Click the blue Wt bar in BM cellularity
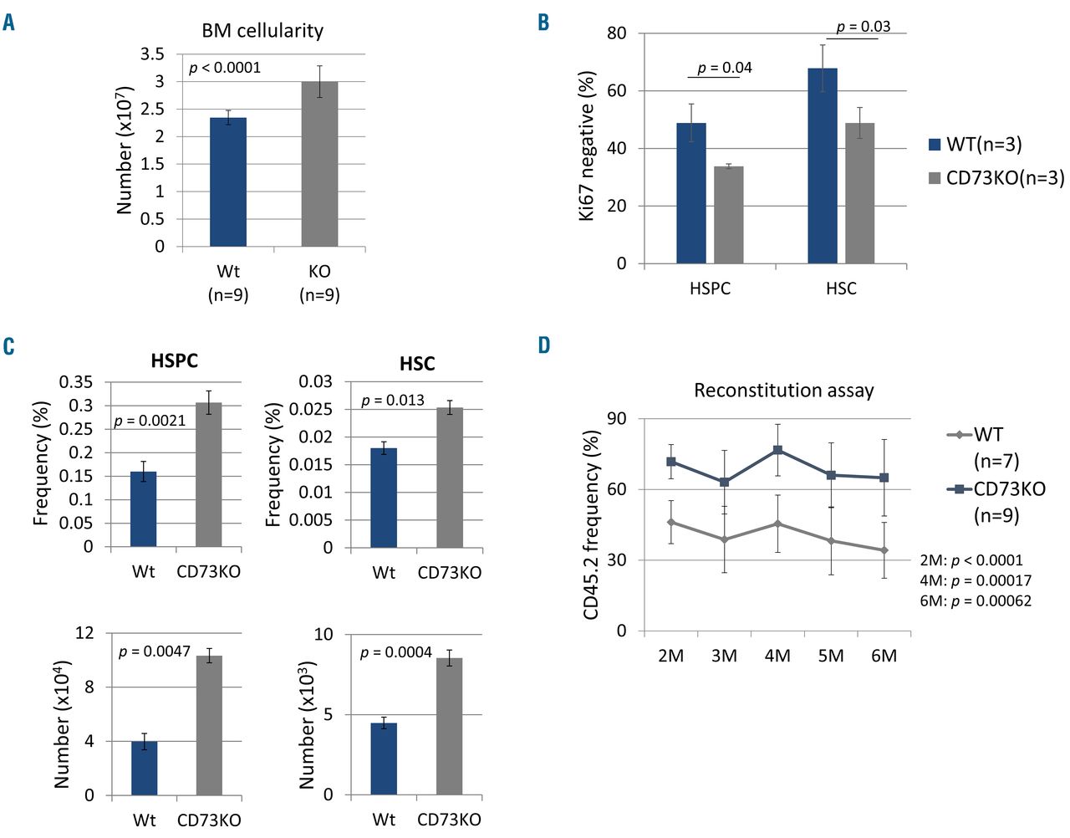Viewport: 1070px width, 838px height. tap(227, 182)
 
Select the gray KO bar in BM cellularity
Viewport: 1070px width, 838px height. tap(319, 164)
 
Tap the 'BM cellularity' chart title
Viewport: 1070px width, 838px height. tap(262, 31)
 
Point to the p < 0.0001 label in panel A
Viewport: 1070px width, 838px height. tap(225, 68)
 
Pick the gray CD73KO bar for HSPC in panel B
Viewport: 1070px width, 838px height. tap(728, 215)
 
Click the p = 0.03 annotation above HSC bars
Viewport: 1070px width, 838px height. tap(864, 27)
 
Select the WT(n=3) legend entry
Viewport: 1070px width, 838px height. tap(975, 145)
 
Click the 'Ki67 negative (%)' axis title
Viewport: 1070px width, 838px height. tap(587, 146)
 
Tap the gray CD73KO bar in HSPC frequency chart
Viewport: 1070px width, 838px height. tap(209, 475)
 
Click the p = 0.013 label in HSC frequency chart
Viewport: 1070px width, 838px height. tap(393, 401)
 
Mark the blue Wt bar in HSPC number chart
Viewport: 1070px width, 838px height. tap(145, 768)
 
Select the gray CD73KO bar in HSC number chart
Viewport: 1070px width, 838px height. tap(450, 726)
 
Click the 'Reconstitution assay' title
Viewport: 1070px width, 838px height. tap(783, 391)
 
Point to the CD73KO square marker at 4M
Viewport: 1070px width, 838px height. tap(777, 450)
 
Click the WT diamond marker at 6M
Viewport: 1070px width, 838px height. tap(884, 550)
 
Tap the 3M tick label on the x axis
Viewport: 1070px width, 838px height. tap(724, 656)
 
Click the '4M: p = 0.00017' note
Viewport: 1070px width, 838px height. tap(976, 580)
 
